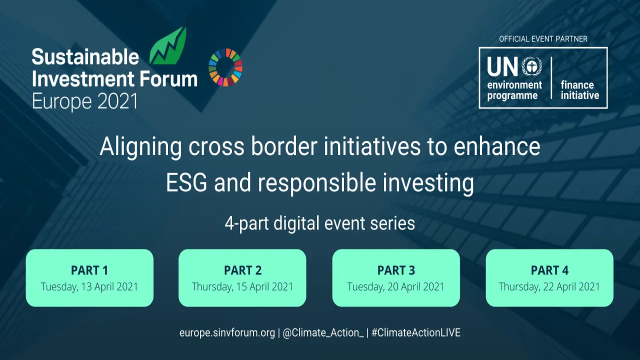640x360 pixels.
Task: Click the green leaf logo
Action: pos(168,47)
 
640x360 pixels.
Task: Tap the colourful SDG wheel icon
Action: pos(225,67)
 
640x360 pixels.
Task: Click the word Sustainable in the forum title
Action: pos(85,57)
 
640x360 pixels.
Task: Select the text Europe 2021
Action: pos(85,101)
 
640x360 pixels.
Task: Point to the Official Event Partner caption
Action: pos(543,39)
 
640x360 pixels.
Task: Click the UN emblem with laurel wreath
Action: pos(531,66)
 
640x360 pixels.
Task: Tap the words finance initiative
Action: pos(579,90)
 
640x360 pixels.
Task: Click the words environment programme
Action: pos(514,90)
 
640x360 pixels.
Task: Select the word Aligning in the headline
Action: pos(140,147)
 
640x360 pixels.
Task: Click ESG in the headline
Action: pos(186,182)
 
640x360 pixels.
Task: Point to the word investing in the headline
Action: pos(428,183)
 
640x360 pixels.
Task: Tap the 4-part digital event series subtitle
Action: pos(319,223)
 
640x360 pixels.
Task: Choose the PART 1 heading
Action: pos(89,270)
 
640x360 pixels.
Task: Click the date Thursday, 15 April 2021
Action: pos(242,287)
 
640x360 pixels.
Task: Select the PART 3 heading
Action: pos(396,270)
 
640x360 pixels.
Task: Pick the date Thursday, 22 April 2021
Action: pos(549,287)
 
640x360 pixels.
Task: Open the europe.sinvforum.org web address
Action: pos(227,333)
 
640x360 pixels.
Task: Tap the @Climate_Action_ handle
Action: pos(323,333)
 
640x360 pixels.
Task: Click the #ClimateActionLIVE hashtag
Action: pos(416,333)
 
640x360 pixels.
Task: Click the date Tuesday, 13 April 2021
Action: pos(89,287)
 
